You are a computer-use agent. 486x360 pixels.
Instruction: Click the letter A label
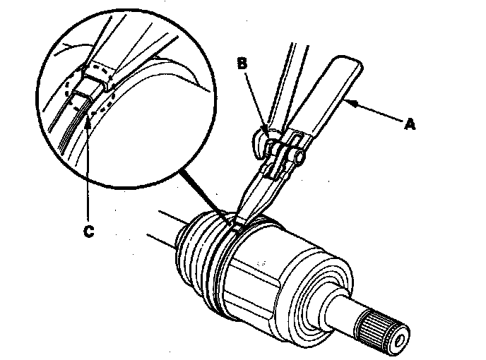coord(409,125)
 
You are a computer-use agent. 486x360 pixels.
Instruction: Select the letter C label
coord(88,229)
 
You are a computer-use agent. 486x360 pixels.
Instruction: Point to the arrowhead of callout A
coord(350,104)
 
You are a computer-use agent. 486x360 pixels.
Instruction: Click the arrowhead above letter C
coord(87,121)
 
